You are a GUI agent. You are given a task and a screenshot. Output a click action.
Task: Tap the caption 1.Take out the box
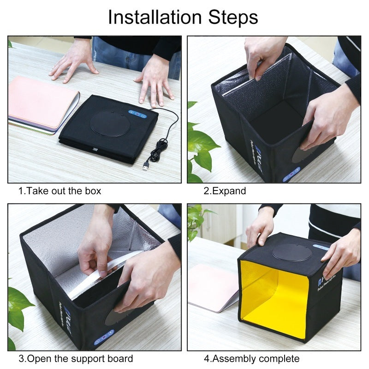[60, 190]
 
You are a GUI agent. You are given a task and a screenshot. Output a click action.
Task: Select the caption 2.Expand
[225, 190]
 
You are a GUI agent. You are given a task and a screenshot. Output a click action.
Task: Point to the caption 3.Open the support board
[76, 358]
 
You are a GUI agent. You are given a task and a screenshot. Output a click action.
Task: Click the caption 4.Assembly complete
[251, 358]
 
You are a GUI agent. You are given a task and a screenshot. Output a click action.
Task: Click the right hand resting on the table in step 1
[155, 81]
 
